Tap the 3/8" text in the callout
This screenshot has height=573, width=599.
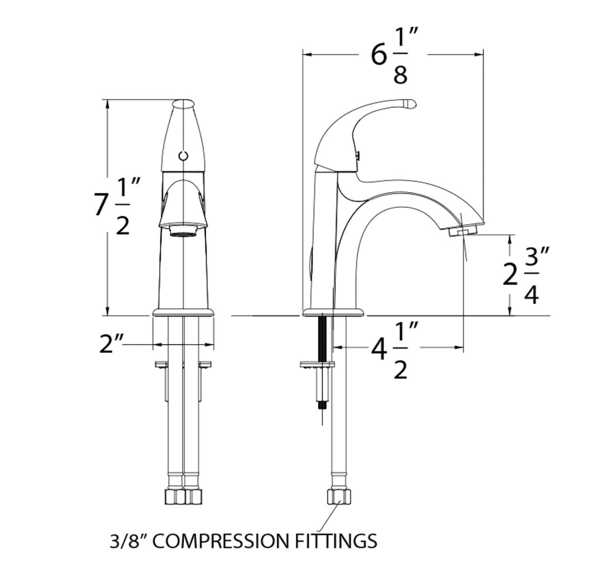coord(128,541)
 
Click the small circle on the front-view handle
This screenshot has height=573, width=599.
coord(183,155)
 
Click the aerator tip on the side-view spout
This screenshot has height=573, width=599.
coord(463,232)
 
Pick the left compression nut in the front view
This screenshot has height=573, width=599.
coord(175,496)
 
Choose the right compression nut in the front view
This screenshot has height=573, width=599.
coord(193,496)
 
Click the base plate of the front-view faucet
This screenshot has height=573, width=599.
coord(183,313)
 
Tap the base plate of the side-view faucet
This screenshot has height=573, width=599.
coord(334,313)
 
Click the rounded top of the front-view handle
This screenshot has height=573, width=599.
coord(183,105)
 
